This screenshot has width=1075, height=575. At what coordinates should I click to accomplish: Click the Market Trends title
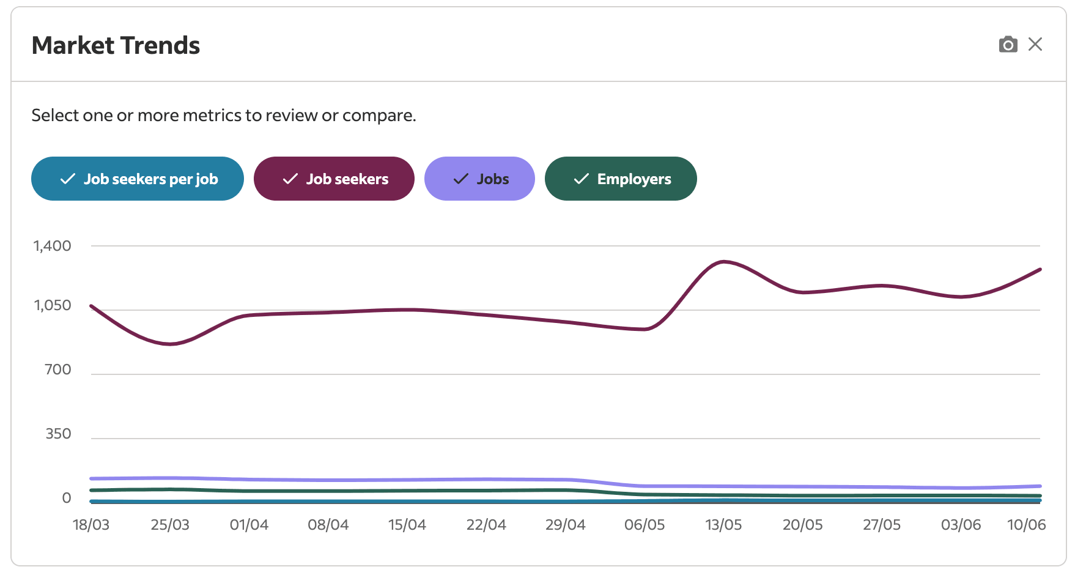[x=116, y=46]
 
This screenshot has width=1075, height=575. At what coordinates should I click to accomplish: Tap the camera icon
[x=1008, y=45]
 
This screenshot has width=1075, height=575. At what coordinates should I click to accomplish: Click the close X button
[x=1035, y=44]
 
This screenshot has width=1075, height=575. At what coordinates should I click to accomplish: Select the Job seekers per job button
[x=138, y=179]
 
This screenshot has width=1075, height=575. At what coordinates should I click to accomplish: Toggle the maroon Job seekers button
[x=334, y=179]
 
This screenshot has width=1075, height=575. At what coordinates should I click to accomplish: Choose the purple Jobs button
[x=479, y=179]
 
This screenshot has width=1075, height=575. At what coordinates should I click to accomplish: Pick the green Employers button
[x=621, y=179]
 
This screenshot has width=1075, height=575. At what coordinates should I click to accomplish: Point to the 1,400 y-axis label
[x=53, y=246]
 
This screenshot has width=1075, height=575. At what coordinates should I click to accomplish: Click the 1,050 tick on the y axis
[x=53, y=305]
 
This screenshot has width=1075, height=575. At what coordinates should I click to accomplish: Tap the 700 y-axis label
[x=58, y=369]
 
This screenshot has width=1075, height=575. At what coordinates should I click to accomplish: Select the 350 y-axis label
[x=58, y=434]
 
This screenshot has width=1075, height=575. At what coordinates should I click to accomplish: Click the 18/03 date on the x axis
[x=91, y=525]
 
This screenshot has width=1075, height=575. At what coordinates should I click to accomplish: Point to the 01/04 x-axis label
[x=249, y=525]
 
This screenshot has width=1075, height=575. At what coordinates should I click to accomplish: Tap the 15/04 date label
[x=407, y=525]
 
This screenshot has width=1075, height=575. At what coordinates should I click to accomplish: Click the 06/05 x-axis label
[x=645, y=525]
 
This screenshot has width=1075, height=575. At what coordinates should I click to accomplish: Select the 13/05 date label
[x=723, y=525]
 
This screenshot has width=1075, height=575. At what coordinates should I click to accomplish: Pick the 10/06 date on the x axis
[x=1026, y=525]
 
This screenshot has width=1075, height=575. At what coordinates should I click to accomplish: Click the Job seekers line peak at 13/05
[x=724, y=262]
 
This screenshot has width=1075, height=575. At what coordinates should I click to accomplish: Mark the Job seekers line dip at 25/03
[x=171, y=344]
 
